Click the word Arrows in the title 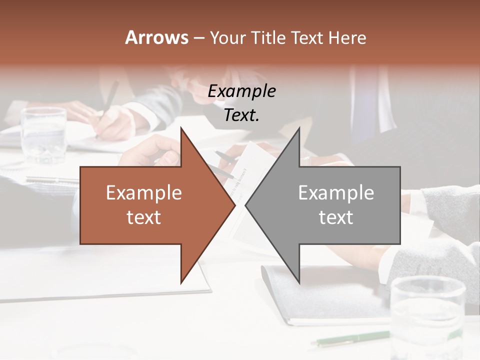pyautogui.click(x=156, y=37)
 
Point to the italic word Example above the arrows pyautogui.click(x=241, y=91)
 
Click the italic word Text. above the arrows pyautogui.click(x=241, y=115)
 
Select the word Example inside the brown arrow pyautogui.click(x=144, y=193)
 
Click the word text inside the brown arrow pyautogui.click(x=144, y=217)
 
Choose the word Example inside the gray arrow pyautogui.click(x=336, y=193)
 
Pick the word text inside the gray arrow pyautogui.click(x=336, y=217)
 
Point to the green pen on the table pyautogui.click(x=350, y=338)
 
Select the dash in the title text pyautogui.click(x=198, y=38)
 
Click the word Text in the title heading pyautogui.click(x=306, y=37)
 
